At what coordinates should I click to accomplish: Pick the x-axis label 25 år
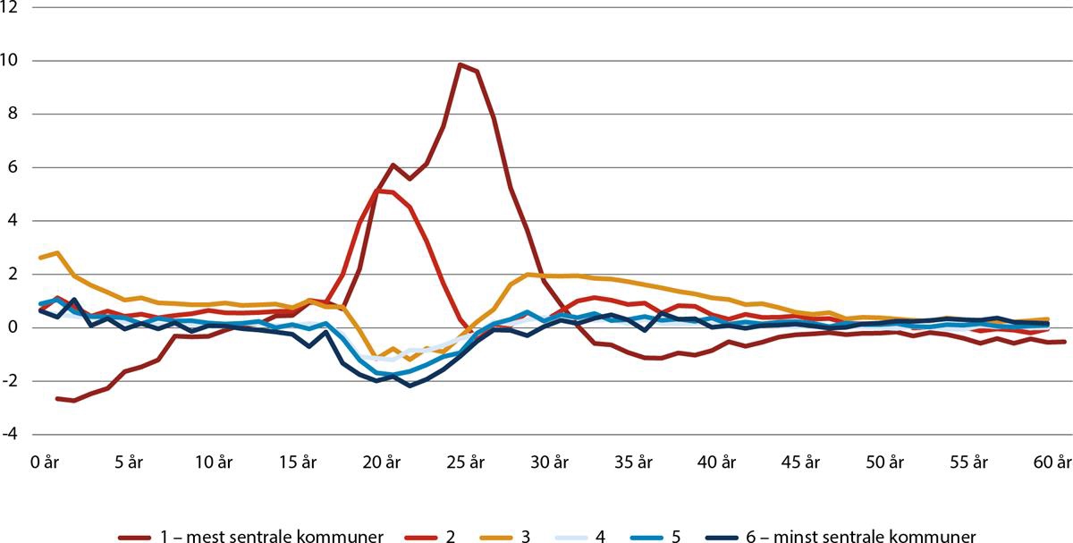[x=466, y=463]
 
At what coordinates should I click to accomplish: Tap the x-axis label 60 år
[x=1052, y=463]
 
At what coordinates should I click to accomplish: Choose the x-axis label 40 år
[x=718, y=463]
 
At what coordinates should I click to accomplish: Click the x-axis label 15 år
[x=297, y=463]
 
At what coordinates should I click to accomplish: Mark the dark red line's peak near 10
[x=460, y=64]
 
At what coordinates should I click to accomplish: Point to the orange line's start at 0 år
[x=41, y=258]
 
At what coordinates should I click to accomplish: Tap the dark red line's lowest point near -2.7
[x=73, y=401]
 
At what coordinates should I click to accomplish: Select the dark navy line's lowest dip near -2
[x=410, y=386]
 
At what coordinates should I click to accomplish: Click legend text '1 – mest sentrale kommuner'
[x=273, y=537]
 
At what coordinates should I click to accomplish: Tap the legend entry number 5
[x=673, y=537]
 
